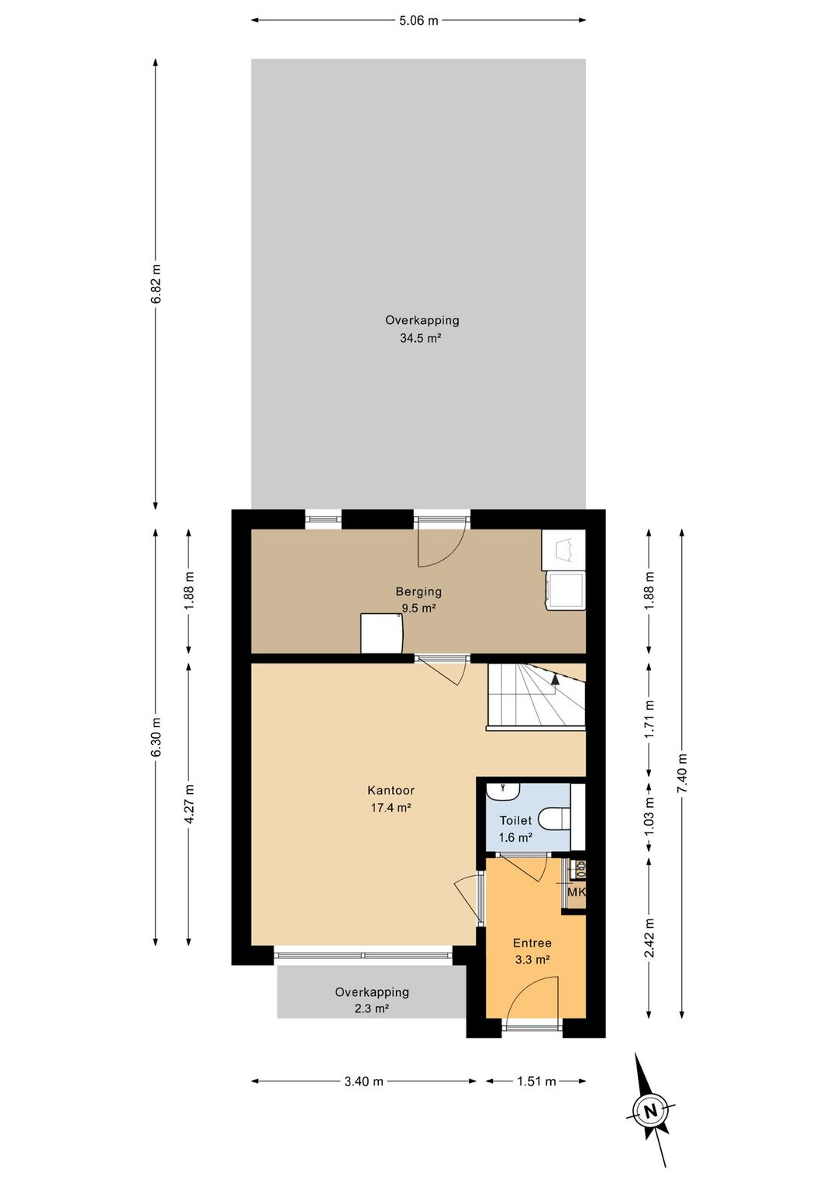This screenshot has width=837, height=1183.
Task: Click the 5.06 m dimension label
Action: point(418,21)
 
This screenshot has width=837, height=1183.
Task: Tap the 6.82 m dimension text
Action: point(156,285)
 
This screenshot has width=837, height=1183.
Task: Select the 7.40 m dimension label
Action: point(683,773)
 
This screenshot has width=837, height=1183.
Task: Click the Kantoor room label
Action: point(391,791)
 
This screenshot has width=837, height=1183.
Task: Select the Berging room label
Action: point(418,591)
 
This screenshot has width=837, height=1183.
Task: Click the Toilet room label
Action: point(515,821)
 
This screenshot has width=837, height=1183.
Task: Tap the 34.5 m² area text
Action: point(420,338)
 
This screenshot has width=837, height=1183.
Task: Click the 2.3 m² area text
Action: point(372,1009)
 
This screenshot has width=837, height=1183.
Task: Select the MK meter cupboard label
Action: point(576,892)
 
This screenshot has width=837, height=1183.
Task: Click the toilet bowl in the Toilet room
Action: point(554,819)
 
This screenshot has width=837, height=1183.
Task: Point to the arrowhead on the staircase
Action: point(555,679)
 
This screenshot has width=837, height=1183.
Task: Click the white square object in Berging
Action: point(382,633)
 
